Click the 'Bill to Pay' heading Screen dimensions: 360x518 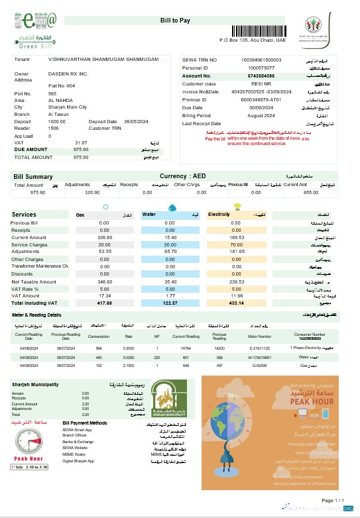click(178, 21)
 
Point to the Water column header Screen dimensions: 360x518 click(149, 215)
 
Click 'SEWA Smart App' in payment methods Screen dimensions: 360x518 click(78, 429)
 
